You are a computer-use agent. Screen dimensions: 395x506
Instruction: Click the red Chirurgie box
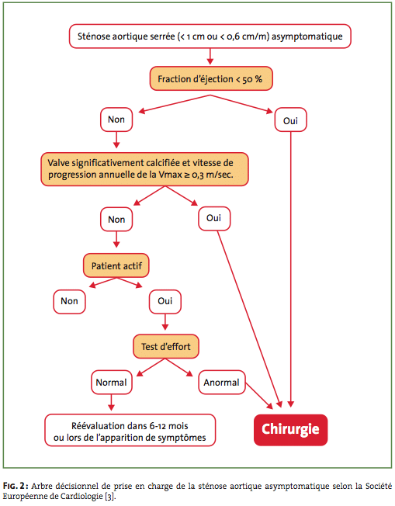click(290, 430)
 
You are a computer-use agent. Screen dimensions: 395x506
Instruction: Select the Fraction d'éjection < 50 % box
click(211, 78)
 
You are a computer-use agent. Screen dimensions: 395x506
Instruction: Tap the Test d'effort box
click(166, 347)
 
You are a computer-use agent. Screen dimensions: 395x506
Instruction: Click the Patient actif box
click(116, 265)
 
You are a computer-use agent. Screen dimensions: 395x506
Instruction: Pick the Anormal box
click(222, 383)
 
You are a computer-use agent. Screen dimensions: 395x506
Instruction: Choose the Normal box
click(111, 383)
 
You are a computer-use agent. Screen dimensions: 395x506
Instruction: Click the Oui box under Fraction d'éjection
click(290, 120)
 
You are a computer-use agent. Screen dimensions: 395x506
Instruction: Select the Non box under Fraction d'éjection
click(116, 120)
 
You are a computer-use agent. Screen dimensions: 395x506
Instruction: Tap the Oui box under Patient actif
click(165, 301)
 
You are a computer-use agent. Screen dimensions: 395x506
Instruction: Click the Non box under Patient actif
click(69, 301)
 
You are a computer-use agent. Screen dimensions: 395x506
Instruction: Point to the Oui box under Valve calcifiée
click(214, 219)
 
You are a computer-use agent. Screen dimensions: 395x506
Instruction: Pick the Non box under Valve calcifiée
click(116, 220)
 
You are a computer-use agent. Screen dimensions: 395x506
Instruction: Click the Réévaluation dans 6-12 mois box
click(130, 431)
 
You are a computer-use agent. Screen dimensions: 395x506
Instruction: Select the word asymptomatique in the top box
click(307, 36)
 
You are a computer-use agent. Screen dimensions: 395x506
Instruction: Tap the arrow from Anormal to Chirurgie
click(259, 396)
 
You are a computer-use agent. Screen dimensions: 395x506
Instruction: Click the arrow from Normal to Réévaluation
click(111, 402)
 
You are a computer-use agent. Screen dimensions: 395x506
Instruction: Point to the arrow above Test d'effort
click(165, 322)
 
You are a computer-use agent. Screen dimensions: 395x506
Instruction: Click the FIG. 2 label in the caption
click(16, 486)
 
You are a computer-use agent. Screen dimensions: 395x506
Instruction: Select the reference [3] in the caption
click(110, 497)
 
